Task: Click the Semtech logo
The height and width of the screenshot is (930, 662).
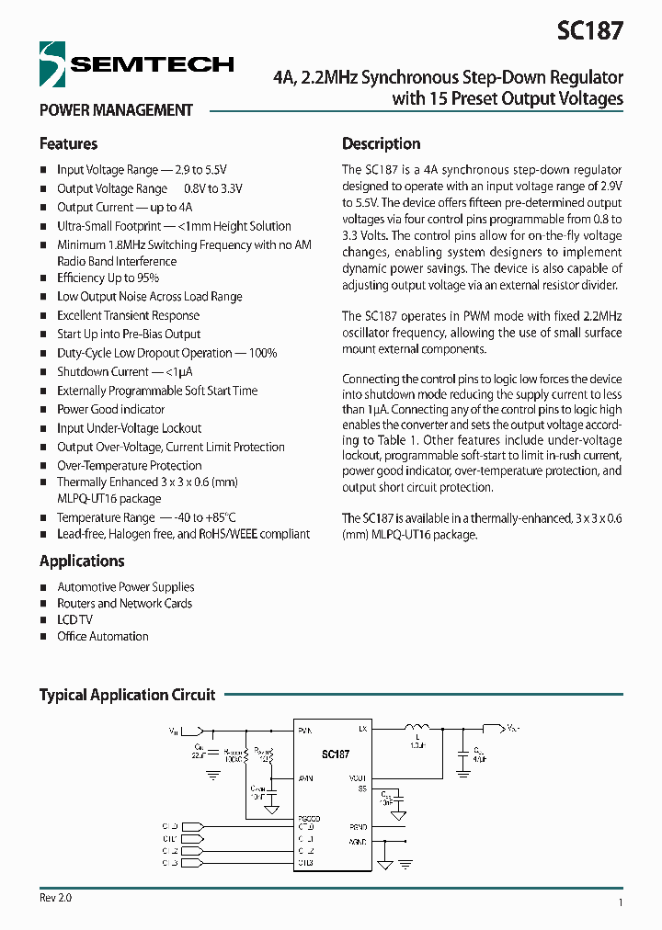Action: tap(136, 64)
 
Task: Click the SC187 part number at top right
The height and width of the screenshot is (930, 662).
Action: tap(589, 30)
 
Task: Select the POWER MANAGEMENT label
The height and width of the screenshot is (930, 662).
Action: tap(116, 110)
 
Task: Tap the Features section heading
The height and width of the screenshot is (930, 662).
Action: tap(68, 144)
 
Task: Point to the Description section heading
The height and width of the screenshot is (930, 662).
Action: tap(381, 144)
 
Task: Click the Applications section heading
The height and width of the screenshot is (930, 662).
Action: tap(82, 561)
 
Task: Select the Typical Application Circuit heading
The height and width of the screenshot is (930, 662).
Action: tap(127, 696)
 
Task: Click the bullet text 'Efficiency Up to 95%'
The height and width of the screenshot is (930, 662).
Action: tap(108, 278)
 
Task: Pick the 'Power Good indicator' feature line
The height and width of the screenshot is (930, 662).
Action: tap(110, 410)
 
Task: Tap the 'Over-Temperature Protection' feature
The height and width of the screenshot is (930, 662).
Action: tap(129, 466)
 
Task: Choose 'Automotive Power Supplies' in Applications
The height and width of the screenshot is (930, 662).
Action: tap(125, 587)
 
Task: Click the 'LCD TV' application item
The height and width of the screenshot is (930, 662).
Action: tap(74, 620)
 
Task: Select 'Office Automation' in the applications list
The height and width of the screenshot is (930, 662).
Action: tap(102, 637)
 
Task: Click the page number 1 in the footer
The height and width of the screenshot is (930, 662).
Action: tap(621, 904)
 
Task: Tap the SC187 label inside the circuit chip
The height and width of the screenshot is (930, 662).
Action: tap(336, 754)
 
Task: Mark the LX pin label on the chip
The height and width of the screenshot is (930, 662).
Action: tap(362, 730)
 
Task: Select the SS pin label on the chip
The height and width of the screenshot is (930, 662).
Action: tap(362, 789)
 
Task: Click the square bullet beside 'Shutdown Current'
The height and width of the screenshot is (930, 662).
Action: tap(43, 373)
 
